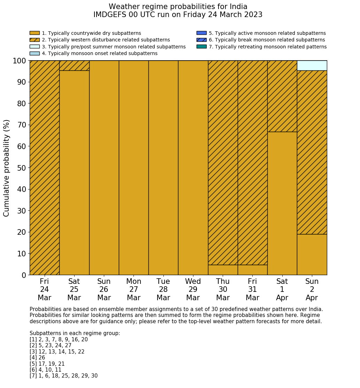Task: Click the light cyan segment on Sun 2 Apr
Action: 312,65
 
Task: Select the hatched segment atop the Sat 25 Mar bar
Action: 74,65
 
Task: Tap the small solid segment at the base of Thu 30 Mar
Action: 223,270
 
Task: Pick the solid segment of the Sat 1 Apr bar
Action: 282,203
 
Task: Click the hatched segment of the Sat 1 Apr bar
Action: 282,96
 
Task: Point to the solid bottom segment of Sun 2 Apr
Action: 312,255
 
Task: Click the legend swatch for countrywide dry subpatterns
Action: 35,33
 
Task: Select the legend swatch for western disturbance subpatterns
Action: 35,40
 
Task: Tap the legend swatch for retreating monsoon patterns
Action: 201,46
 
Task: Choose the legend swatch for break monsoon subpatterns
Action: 201,40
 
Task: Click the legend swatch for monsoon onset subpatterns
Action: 35,53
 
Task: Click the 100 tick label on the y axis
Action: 20,61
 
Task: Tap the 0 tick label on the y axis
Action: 24,275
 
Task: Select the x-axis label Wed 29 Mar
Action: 193,289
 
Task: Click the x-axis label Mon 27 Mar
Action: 134,289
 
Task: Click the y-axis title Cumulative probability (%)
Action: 7,168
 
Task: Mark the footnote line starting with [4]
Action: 37,358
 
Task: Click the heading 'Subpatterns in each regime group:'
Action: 75,333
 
